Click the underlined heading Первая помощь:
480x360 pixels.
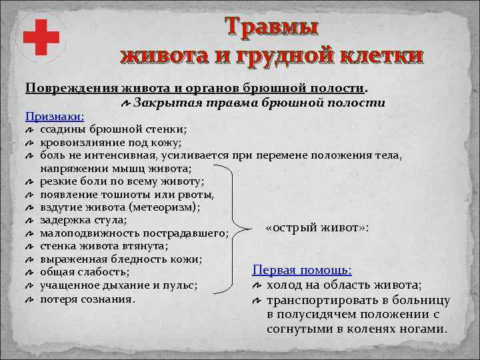[x=302, y=270]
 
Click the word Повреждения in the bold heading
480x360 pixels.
[x=72, y=88]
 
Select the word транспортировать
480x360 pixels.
[x=315, y=301]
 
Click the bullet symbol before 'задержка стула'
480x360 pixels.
[x=29, y=221]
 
